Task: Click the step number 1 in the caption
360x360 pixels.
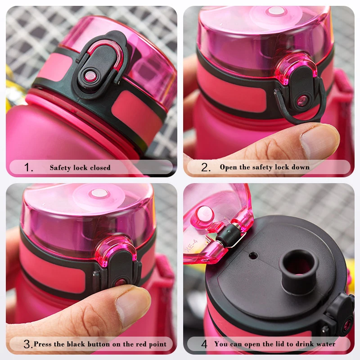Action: click(x=28, y=168)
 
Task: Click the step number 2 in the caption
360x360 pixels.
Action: click(x=206, y=168)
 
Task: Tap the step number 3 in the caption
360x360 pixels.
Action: click(x=28, y=345)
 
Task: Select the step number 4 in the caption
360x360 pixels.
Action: click(x=204, y=344)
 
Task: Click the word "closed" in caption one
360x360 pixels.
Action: click(x=100, y=168)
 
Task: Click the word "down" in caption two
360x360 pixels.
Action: click(x=300, y=167)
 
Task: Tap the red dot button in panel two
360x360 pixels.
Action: click(x=302, y=99)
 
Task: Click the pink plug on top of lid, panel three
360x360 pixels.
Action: click(x=99, y=193)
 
